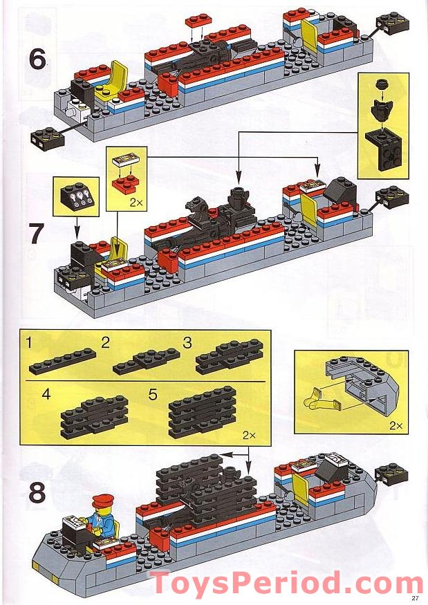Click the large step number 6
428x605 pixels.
click(37, 59)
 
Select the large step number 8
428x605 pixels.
click(37, 494)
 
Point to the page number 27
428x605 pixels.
click(415, 597)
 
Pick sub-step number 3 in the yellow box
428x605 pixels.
click(187, 342)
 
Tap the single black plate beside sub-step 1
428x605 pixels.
click(64, 358)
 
